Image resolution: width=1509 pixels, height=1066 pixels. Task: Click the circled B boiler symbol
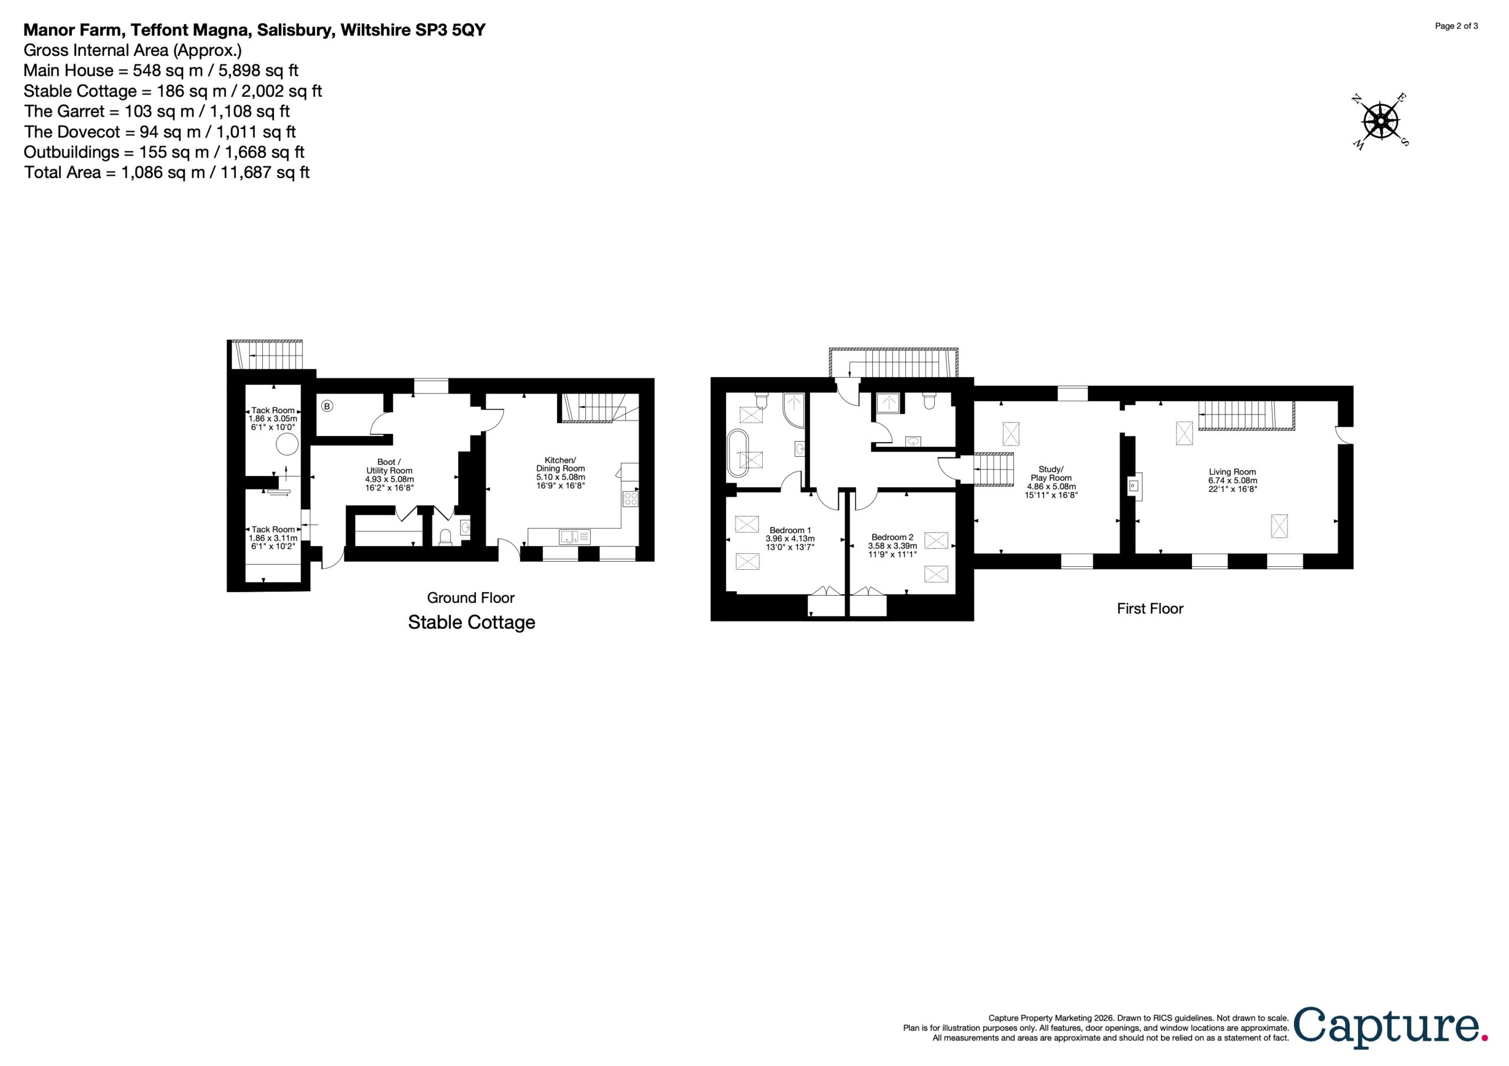327,406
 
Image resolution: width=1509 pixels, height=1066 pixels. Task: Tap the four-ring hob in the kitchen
630,499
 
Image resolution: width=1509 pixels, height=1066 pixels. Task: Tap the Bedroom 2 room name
892,537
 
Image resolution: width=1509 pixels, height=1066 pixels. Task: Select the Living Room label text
1233,472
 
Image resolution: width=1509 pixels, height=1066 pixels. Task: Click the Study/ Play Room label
1051,474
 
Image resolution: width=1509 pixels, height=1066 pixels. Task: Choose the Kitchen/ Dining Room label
560,464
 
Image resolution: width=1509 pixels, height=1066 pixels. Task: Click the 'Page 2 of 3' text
1457,27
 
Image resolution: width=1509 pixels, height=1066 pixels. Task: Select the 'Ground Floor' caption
470,598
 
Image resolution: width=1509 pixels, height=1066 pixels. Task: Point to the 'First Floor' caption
1150,609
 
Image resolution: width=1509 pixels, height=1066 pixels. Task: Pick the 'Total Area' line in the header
167,173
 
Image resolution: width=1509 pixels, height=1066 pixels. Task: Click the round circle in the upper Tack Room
286,445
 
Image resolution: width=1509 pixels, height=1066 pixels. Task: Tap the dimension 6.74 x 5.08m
1233,480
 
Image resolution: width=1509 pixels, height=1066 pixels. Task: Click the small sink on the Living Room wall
1134,486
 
